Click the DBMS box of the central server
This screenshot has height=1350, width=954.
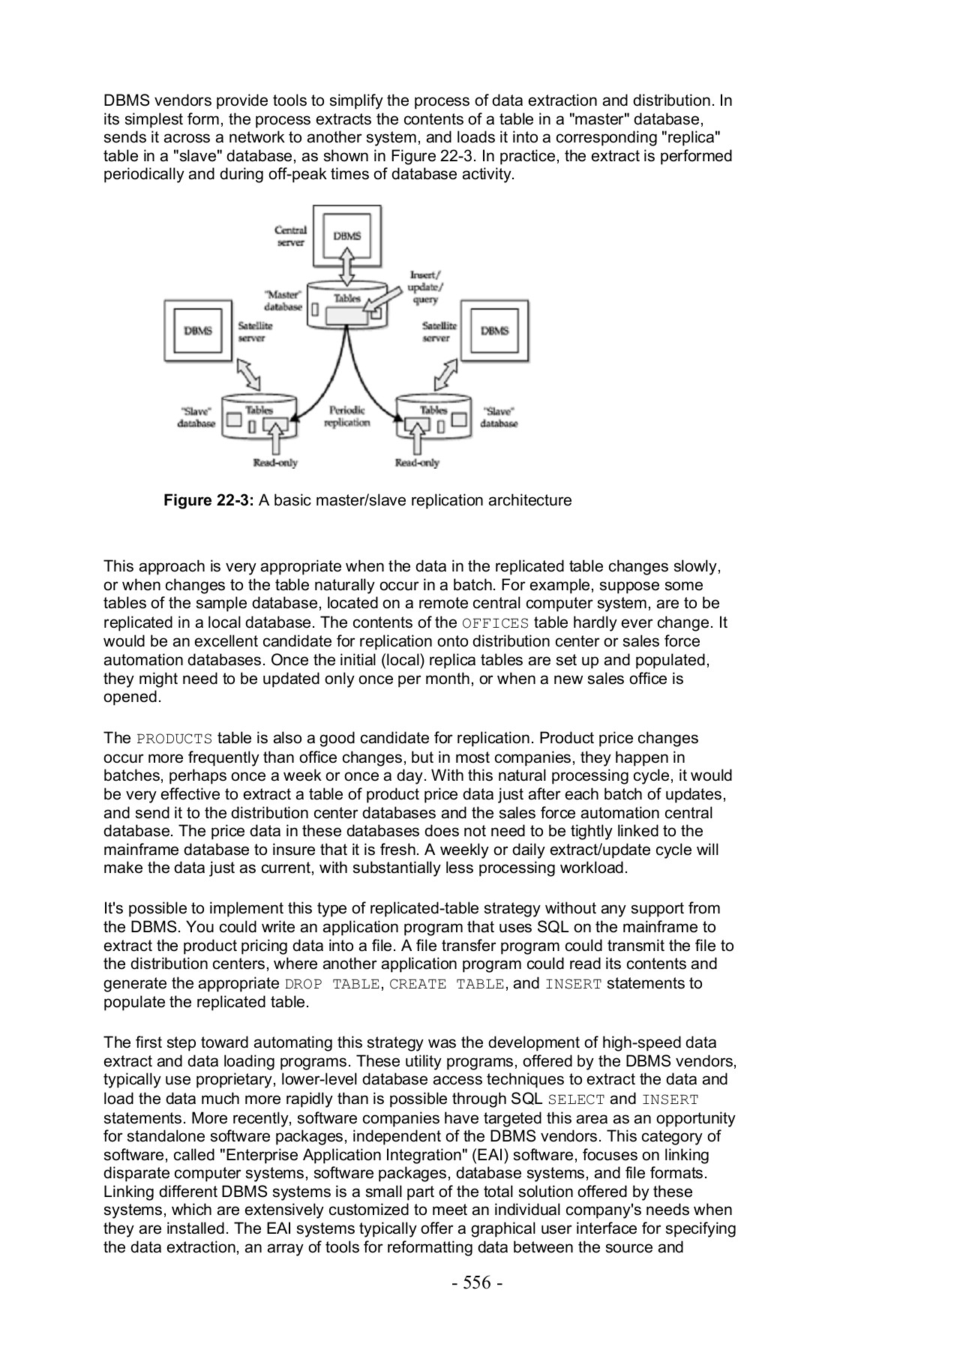346,236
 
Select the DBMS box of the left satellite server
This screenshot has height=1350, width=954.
198,331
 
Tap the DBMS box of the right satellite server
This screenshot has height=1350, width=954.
494,331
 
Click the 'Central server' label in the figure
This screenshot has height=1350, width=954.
290,236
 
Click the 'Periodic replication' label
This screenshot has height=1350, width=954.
346,416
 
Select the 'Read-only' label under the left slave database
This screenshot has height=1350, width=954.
275,463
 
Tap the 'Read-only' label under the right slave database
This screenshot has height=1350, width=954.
417,463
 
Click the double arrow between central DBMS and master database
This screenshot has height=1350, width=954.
346,268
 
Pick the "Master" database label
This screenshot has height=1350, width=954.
283,300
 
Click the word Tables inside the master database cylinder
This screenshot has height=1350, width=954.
347,298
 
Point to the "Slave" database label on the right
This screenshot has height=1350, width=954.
499,417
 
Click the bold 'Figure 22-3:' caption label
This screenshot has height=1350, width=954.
209,500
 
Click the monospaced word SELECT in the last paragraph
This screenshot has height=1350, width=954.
576,1100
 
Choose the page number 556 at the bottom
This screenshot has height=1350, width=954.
477,1283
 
